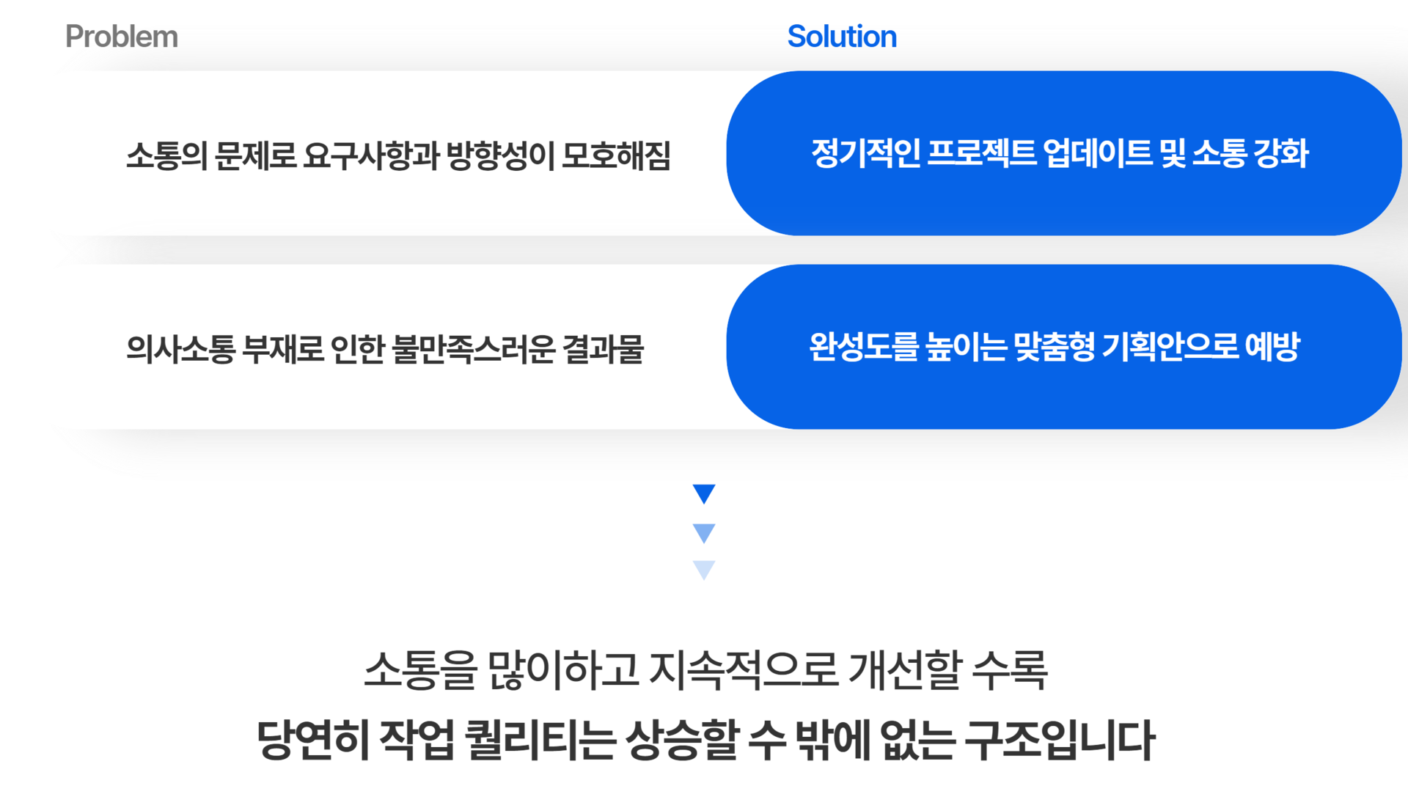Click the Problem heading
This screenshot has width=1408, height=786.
[x=121, y=37]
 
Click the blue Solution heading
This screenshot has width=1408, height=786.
[x=842, y=37]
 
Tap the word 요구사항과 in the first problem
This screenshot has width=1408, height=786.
[x=370, y=155]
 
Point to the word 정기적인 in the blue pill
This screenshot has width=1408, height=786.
[x=866, y=153]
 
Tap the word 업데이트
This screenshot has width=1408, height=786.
[x=1098, y=153]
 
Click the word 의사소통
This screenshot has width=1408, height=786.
[x=180, y=348]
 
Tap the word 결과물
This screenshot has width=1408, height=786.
[x=603, y=348]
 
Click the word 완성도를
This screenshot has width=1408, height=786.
[x=863, y=346]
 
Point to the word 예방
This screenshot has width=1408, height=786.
[x=1272, y=346]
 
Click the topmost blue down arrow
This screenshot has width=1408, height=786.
[x=704, y=493]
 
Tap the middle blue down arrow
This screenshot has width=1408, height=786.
[x=704, y=533]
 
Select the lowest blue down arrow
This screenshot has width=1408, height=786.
[x=704, y=570]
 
